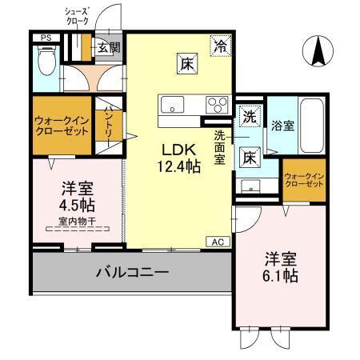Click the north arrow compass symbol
tap(318, 52)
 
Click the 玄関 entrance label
tap(109, 47)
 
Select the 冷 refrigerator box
tap(218, 46)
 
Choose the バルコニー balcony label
tap(132, 273)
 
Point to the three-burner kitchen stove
tap(217, 104)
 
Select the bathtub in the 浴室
tap(312, 125)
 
